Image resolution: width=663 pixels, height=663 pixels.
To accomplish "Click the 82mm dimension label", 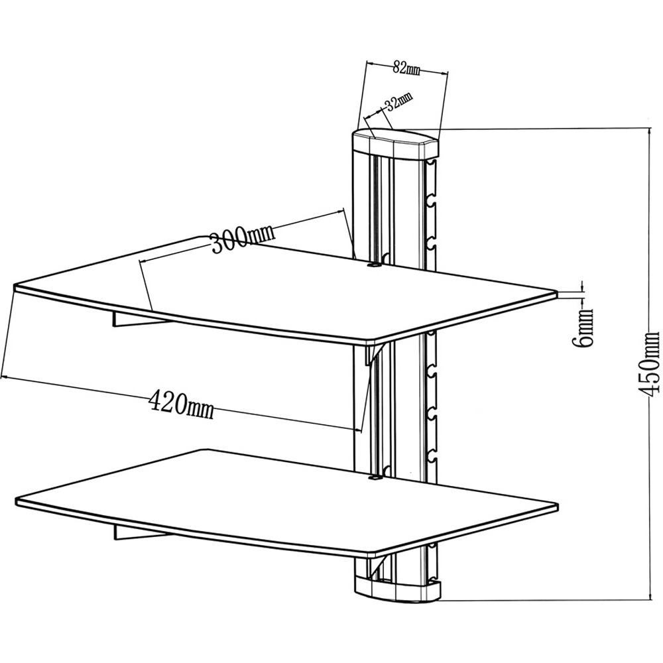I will pos(404,66).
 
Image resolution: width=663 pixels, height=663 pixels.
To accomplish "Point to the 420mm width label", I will pos(180,403).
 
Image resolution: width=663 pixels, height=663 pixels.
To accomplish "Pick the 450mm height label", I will pos(651,365).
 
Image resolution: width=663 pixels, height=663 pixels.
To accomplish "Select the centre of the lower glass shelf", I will pos(285,501).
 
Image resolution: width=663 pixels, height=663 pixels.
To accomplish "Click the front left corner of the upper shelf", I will pos(16,288).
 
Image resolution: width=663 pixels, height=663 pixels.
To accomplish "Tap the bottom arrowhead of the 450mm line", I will pos(648,599).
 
